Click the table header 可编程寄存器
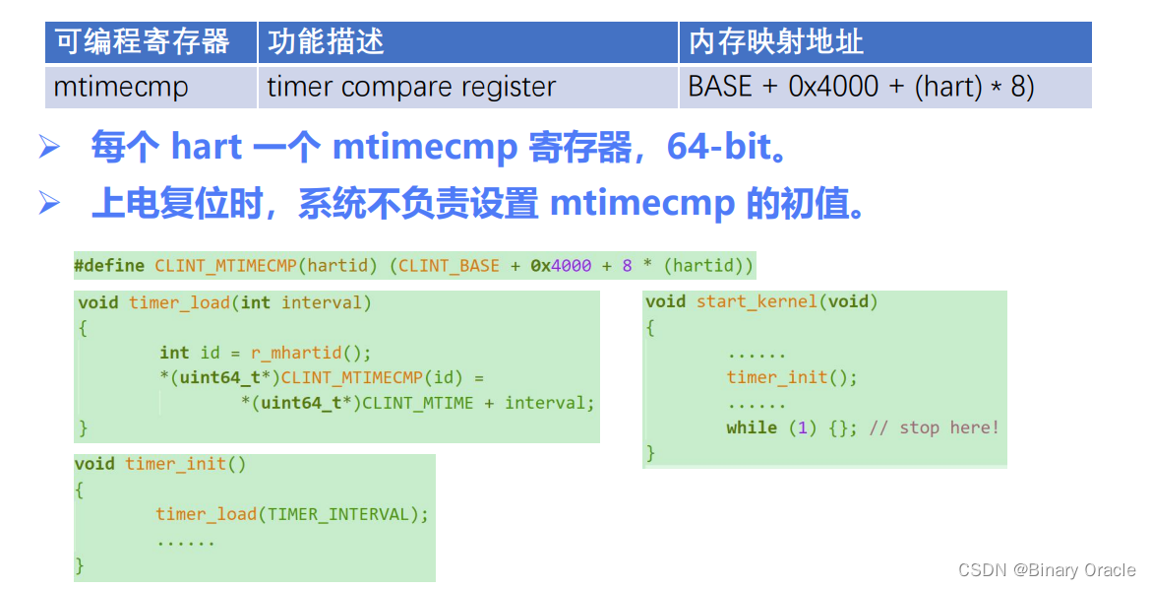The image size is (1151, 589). tap(143, 41)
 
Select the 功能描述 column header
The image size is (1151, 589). tap(326, 41)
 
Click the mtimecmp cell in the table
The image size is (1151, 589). tap(121, 87)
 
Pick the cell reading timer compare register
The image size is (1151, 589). tap(411, 87)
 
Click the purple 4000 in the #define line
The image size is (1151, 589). tap(572, 266)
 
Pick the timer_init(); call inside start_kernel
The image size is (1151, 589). tap(792, 377)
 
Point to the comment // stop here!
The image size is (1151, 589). tap(934, 427)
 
